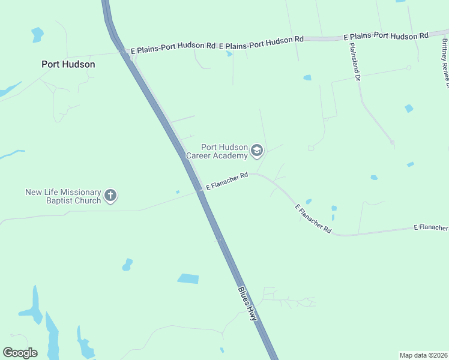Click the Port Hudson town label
tap(68, 64)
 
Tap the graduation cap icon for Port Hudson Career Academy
tap(258, 151)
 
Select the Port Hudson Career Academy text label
tap(217, 151)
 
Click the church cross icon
tap(110, 195)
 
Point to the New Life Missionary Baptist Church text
tap(63, 196)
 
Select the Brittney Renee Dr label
tap(445, 62)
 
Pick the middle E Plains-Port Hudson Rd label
tap(261, 42)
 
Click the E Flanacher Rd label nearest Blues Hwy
tap(228, 182)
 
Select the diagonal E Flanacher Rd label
tap(313, 219)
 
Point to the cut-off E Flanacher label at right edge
tap(430, 228)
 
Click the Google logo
tap(20, 352)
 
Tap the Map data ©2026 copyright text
tap(423, 355)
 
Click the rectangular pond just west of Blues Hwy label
tap(188, 278)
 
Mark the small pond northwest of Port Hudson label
tap(38, 34)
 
